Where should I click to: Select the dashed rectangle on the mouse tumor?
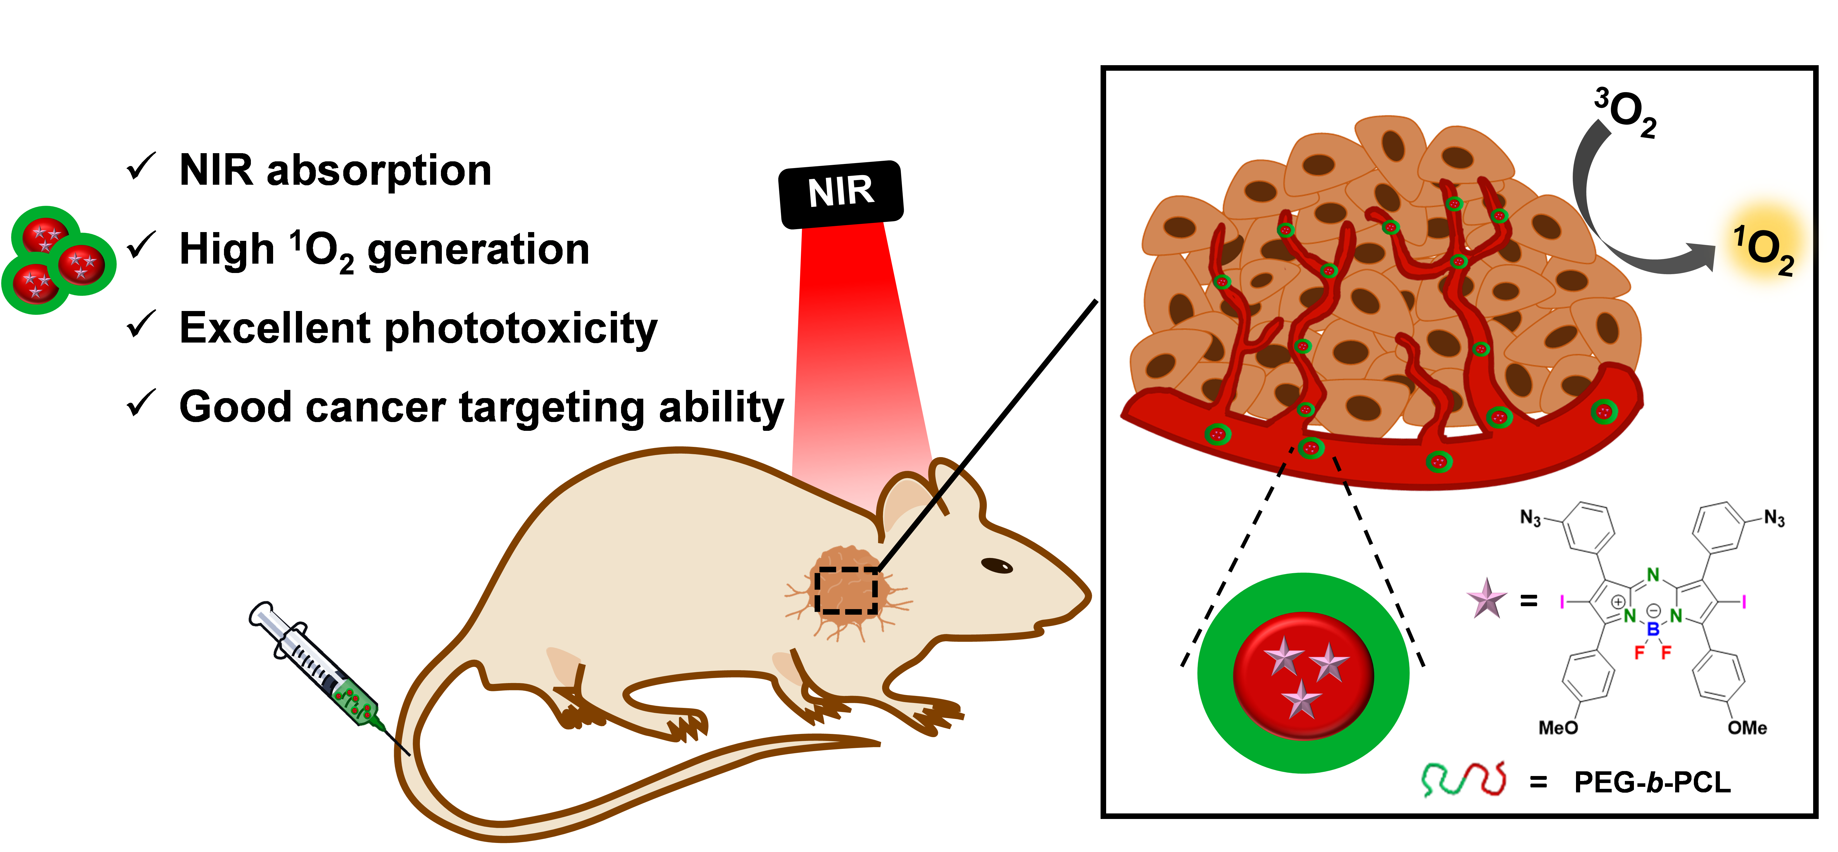click(846, 590)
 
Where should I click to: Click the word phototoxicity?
click(521, 329)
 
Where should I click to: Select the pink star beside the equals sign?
click(1486, 599)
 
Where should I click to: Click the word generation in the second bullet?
click(478, 251)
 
